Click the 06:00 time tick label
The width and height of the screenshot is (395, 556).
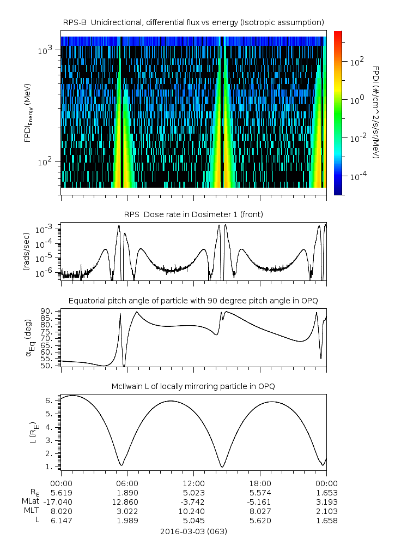click(127, 483)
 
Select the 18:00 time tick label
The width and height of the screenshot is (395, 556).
click(260, 483)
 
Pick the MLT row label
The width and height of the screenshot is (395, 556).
click(30, 511)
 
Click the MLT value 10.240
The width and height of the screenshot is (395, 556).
click(193, 511)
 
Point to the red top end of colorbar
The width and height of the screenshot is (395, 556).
click(338, 33)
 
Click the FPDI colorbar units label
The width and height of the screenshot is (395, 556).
click(376, 112)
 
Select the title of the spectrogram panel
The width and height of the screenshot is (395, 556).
click(193, 22)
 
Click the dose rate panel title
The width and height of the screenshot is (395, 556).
click(193, 214)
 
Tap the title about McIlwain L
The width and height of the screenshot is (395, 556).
click(193, 386)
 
